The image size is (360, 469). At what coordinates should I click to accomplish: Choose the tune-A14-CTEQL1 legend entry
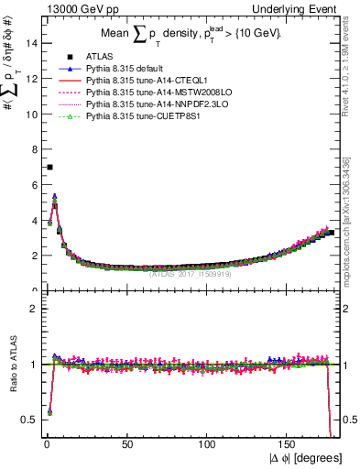(151, 81)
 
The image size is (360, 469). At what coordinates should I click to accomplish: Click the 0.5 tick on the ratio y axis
(29, 420)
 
